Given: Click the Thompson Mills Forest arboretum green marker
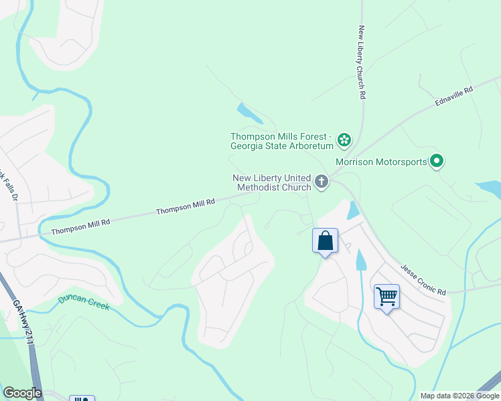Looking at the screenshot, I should [344, 140].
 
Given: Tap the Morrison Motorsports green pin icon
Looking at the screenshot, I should [437, 161].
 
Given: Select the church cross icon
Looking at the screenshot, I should [321, 182].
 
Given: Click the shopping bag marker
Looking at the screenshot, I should [325, 241].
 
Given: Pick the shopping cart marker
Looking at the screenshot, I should [386, 296].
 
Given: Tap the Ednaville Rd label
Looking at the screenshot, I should [453, 95].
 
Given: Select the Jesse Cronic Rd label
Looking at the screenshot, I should [423, 279].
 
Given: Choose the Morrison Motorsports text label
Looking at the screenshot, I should [381, 162].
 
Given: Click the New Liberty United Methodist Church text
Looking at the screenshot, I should [271, 182].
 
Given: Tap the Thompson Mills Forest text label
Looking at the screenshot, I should [281, 140].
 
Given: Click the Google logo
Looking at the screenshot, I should [22, 393].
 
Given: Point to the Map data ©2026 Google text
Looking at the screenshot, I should [459, 396].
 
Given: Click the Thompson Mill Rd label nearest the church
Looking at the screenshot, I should [186, 207].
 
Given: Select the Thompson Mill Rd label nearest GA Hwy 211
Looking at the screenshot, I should [80, 225].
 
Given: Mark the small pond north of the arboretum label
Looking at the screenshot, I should [248, 113].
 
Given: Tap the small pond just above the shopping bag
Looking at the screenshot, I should [354, 211].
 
